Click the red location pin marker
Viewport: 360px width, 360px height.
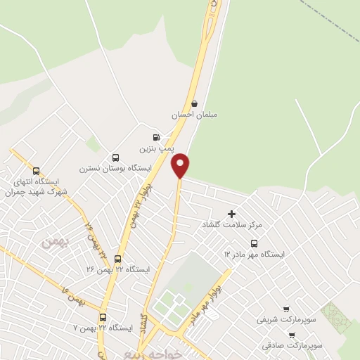181,165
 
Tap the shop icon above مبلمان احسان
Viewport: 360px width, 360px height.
195,103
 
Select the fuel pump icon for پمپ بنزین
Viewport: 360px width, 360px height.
155,137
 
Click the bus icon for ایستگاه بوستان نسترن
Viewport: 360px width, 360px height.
115,157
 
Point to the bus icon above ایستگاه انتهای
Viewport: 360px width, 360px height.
37,171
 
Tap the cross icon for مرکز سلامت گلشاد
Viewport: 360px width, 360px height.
232,213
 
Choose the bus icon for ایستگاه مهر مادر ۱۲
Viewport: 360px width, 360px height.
253,243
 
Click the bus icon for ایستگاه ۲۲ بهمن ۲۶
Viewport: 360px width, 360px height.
117,259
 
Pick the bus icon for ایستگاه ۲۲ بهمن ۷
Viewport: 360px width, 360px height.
103,318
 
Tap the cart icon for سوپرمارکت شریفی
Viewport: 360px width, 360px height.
285,309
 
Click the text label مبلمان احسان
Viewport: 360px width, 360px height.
195,114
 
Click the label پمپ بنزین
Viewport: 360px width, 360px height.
155,148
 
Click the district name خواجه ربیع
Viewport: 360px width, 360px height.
154,354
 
